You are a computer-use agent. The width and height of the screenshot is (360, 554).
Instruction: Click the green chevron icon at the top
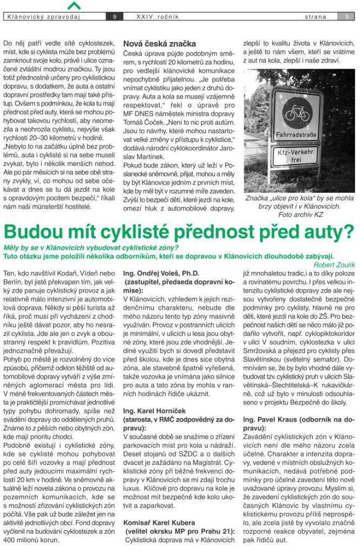(x=74, y=5)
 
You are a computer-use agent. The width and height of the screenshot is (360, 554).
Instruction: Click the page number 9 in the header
(x=115, y=17)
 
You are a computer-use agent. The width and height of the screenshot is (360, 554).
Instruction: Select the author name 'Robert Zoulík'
(x=334, y=265)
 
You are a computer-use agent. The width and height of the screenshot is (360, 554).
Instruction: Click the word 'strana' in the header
(x=316, y=17)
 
